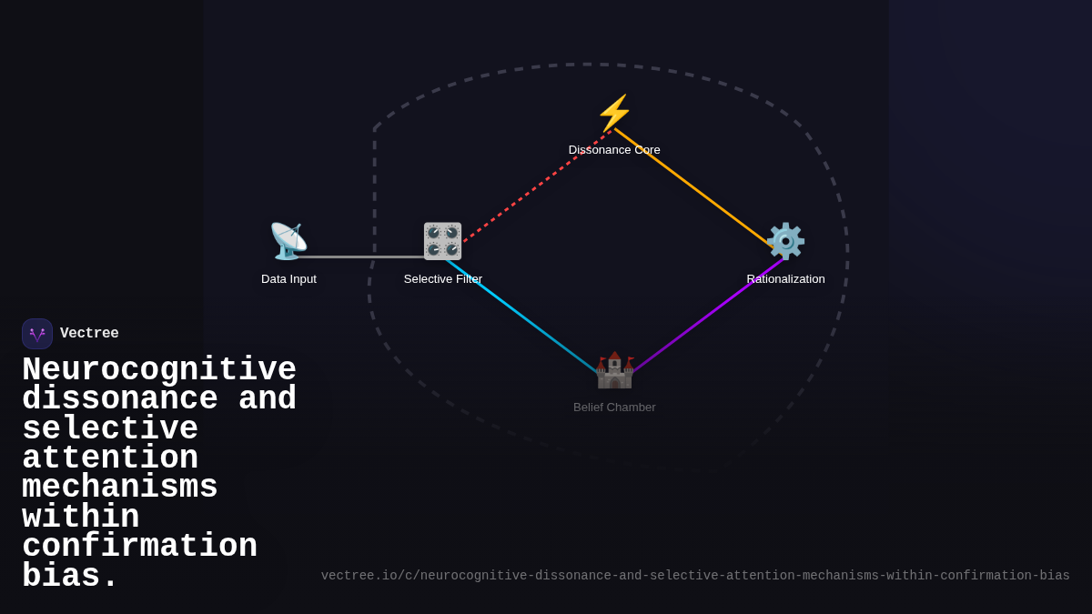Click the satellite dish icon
click(288, 241)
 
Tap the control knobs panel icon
click(442, 241)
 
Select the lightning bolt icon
click(614, 113)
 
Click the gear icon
click(785, 241)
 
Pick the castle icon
click(614, 370)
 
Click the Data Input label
click(288, 279)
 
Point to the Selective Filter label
click(442, 279)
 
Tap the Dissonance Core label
click(614, 150)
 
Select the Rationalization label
click(785, 279)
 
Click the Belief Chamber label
click(614, 408)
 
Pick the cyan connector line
click(521, 317)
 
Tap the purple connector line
click(708, 316)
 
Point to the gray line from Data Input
click(359, 257)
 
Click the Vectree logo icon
click(37, 334)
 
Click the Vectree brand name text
click(89, 333)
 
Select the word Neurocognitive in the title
click(159, 369)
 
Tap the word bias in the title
click(69, 576)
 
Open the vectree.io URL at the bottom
click(695, 576)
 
